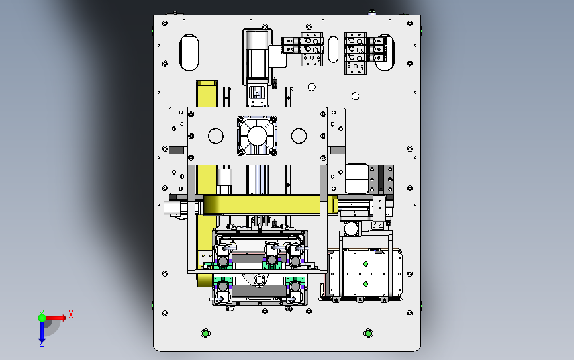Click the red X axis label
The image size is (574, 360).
tap(70, 314)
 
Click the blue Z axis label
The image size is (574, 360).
tap(41, 343)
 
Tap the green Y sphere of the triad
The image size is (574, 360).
tap(42, 318)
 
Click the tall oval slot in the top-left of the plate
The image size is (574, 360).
tap(189, 52)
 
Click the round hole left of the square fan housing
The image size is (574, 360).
tap(215, 136)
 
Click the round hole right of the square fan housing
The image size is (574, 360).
tap(299, 136)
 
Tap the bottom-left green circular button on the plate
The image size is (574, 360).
tap(205, 332)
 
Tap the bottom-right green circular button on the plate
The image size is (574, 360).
tap(369, 332)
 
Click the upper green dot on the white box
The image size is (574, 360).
tap(364, 264)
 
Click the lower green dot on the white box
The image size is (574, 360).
tap(364, 284)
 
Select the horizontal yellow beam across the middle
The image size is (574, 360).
tap(265, 205)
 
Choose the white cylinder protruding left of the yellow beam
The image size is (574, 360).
tap(173, 207)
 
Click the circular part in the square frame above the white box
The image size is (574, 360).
tap(350, 229)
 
